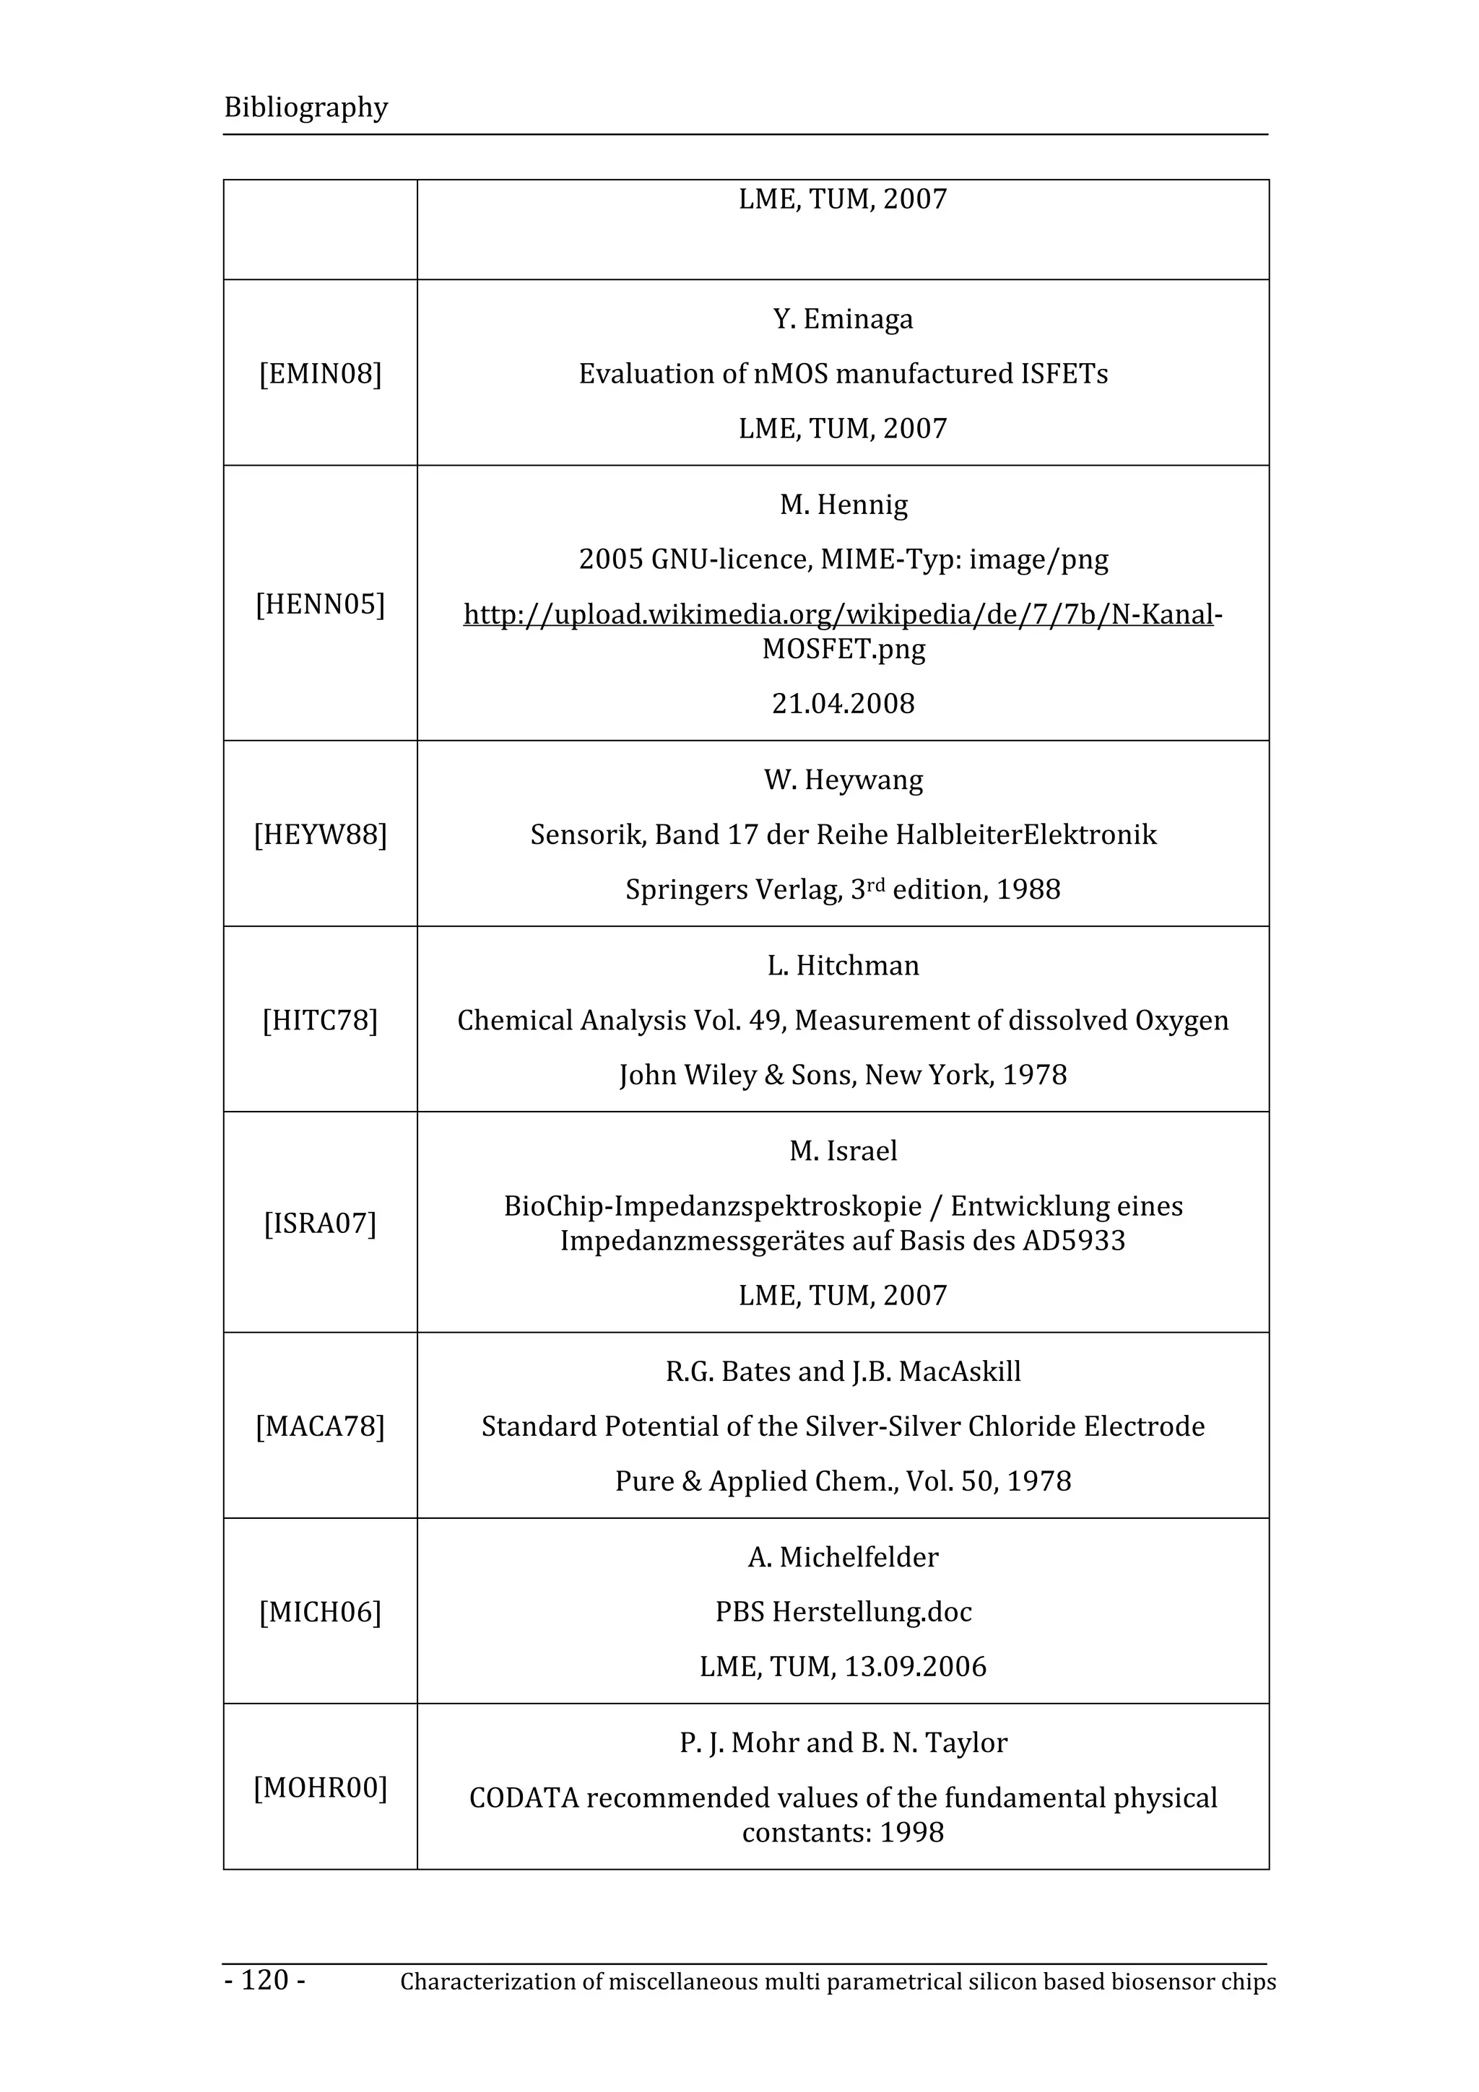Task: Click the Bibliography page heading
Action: tap(305, 108)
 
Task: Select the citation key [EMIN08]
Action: tap(320, 374)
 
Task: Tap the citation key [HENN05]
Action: tap(320, 604)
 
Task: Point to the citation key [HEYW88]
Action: tap(320, 834)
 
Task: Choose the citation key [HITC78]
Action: tap(320, 1021)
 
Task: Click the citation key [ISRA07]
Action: tap(320, 1223)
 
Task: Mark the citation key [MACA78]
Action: tap(320, 1426)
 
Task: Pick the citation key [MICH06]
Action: tap(320, 1612)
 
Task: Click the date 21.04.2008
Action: tap(843, 703)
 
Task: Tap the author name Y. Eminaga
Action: tap(843, 319)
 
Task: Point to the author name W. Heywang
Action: tap(843, 780)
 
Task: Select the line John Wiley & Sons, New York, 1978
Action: tap(843, 1075)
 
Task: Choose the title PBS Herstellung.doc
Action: tap(843, 1612)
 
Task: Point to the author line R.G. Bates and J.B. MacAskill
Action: tap(843, 1372)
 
